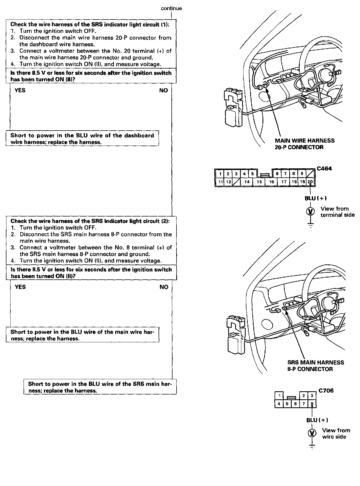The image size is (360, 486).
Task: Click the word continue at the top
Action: point(171,8)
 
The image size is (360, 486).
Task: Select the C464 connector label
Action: point(324,169)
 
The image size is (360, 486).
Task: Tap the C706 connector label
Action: point(326,390)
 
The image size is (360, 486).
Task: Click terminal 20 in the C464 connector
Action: point(310,182)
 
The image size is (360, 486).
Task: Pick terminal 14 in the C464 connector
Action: point(247,182)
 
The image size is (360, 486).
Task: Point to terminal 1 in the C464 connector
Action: point(220,174)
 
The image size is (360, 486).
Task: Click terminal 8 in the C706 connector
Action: point(312,404)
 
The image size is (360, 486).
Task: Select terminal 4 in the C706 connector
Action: point(279,404)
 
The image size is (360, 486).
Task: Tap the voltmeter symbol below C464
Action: point(310,211)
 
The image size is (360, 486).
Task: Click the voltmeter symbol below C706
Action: point(312,433)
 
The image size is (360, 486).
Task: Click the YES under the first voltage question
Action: point(20,90)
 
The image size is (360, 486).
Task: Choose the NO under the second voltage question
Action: point(164,287)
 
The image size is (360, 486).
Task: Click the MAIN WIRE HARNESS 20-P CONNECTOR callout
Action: point(305,144)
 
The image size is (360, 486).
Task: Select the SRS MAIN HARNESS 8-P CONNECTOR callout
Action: point(316,366)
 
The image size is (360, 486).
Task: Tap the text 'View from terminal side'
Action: point(337,212)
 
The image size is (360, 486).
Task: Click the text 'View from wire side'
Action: point(336,434)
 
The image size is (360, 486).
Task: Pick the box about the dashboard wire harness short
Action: point(82,139)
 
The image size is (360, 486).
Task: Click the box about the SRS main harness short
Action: point(100,387)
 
